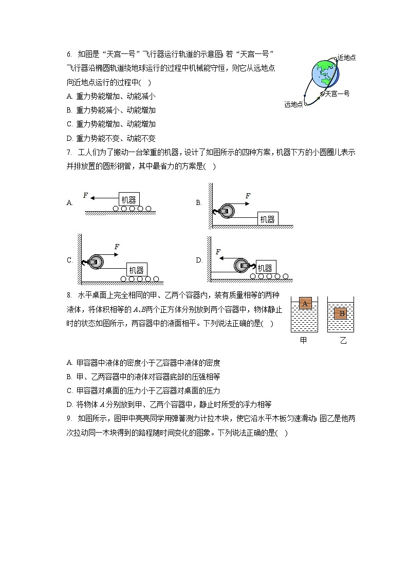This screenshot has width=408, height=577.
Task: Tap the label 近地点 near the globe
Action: [x=347, y=58]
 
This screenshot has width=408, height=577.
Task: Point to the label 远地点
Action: [x=293, y=104]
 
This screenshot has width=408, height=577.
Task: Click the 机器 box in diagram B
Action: [x=267, y=219]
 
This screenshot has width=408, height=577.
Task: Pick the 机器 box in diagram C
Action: [x=136, y=270]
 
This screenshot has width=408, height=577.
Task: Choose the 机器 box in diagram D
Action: [x=265, y=268]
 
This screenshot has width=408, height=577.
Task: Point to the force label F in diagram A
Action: [x=85, y=195]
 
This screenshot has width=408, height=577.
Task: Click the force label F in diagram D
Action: [x=218, y=252]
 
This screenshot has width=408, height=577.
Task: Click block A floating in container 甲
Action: [x=305, y=303]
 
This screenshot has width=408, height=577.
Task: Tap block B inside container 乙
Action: [x=341, y=314]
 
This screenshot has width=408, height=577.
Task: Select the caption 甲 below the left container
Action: [x=303, y=341]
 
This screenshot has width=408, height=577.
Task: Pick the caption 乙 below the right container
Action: [x=343, y=341]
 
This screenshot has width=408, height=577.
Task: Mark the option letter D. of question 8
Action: [x=69, y=404]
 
